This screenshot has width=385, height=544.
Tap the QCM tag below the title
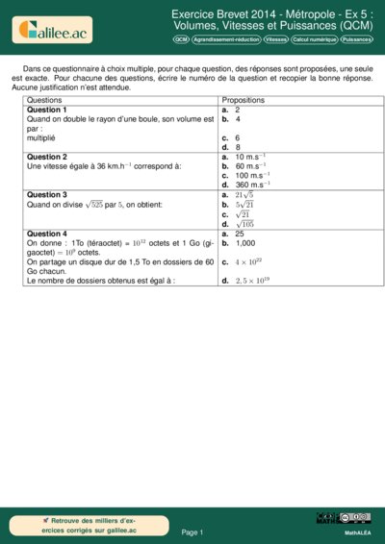tap(181, 40)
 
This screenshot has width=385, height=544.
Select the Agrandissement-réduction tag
tap(226, 40)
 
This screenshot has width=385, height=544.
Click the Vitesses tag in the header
tap(276, 40)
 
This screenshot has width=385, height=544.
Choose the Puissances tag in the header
tap(356, 40)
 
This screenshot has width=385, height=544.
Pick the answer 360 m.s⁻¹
tap(252, 185)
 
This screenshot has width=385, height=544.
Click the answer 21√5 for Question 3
tap(244, 195)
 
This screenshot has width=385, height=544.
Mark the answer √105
tap(244, 224)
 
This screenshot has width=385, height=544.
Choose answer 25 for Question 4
tap(240, 234)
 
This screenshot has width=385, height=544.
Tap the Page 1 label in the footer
tap(192, 532)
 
